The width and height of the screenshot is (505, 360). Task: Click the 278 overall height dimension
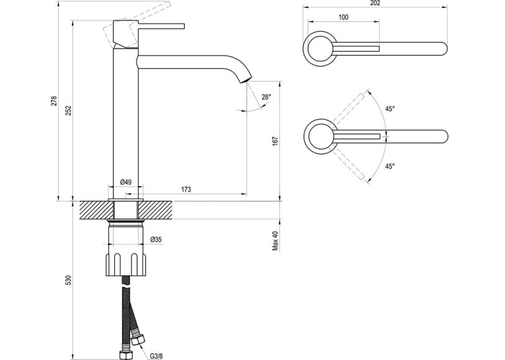53,100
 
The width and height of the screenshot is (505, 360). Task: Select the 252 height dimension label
69,110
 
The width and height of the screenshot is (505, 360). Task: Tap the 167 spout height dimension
275,141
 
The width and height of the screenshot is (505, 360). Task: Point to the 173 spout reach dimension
186,189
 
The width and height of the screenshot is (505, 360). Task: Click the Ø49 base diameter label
125,182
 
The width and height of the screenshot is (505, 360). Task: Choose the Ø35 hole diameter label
156,240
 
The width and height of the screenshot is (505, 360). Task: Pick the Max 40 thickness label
275,240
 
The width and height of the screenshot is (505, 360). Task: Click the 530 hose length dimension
68,280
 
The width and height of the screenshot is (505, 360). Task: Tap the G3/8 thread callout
156,356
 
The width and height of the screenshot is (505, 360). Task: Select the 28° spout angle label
266,96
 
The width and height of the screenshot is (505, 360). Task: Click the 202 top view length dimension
375,3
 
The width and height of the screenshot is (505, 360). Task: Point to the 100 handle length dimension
343,17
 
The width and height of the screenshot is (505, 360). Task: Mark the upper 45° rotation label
390,108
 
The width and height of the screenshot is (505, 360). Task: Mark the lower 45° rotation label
390,166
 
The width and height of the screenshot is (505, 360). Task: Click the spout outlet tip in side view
246,79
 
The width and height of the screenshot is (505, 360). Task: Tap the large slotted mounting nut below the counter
125,265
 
